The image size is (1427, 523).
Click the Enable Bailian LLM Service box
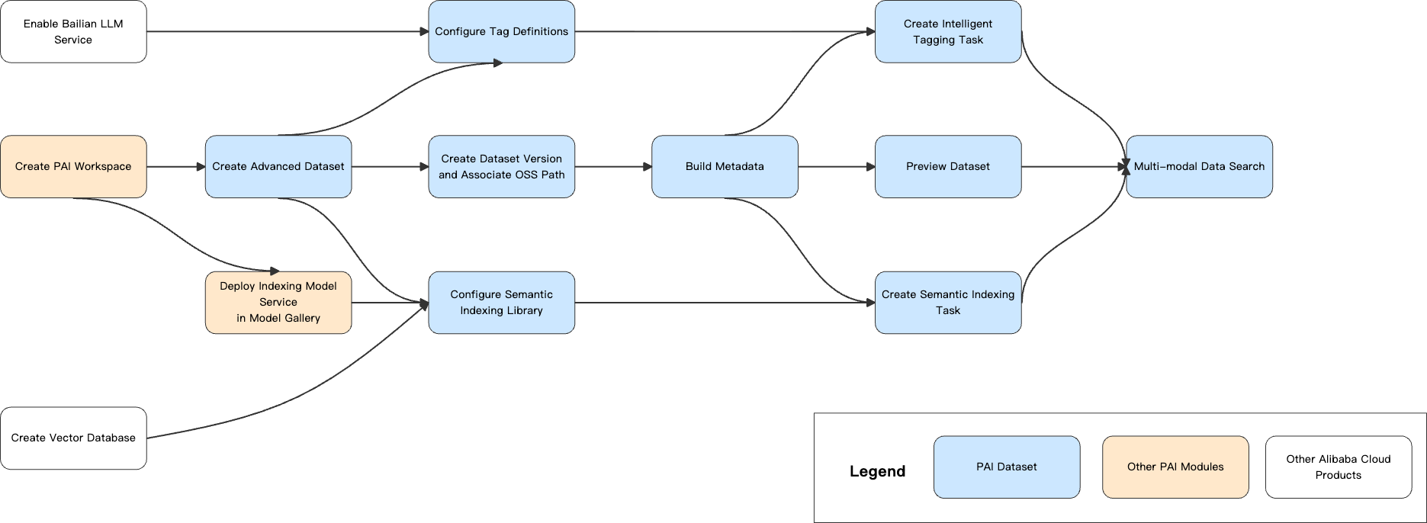73,31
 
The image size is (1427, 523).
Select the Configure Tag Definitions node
501,31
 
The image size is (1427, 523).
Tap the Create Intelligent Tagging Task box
948,31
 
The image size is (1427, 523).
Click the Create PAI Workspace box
73,166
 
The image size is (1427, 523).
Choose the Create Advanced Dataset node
278,166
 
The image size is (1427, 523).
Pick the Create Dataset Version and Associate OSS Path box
501,166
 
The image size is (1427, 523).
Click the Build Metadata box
725,166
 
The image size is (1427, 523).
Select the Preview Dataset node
948,166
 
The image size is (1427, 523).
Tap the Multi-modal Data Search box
1199,166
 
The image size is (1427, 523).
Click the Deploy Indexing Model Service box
278,302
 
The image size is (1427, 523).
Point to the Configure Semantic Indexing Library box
501,302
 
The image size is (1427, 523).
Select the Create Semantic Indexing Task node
948,302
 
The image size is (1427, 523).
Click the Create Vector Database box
73,438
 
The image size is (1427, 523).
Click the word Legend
877,471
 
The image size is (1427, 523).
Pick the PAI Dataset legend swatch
1007,467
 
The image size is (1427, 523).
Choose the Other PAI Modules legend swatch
1175,467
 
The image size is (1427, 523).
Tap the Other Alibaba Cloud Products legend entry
1339,467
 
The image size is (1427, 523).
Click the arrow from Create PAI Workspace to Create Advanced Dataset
175,166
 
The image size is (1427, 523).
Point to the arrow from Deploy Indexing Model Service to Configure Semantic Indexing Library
390,303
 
